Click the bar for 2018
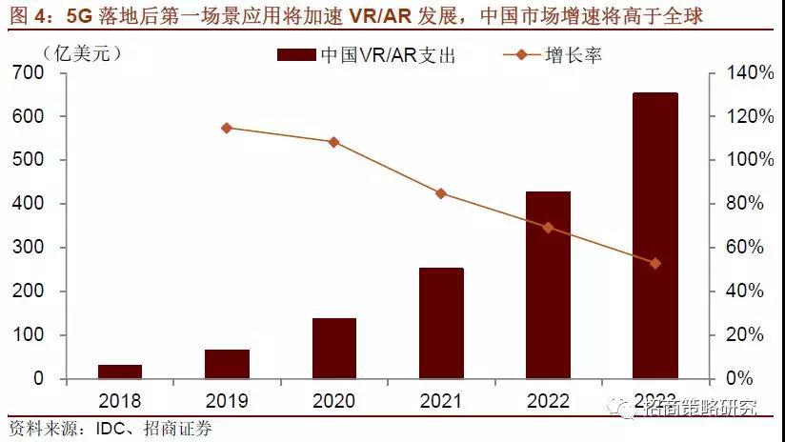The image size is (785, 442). pos(119,372)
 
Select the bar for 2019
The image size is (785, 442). pos(227,364)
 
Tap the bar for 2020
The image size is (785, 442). pos(333,349)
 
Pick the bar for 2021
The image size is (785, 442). pos(441,323)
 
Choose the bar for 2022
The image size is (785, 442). pos(548,285)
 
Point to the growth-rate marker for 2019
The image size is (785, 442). pos(227,128)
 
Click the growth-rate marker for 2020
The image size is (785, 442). pos(333,142)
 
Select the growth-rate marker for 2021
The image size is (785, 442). pos(441,193)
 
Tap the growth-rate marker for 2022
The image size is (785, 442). pos(548,228)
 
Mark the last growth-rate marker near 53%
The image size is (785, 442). pos(655,263)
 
